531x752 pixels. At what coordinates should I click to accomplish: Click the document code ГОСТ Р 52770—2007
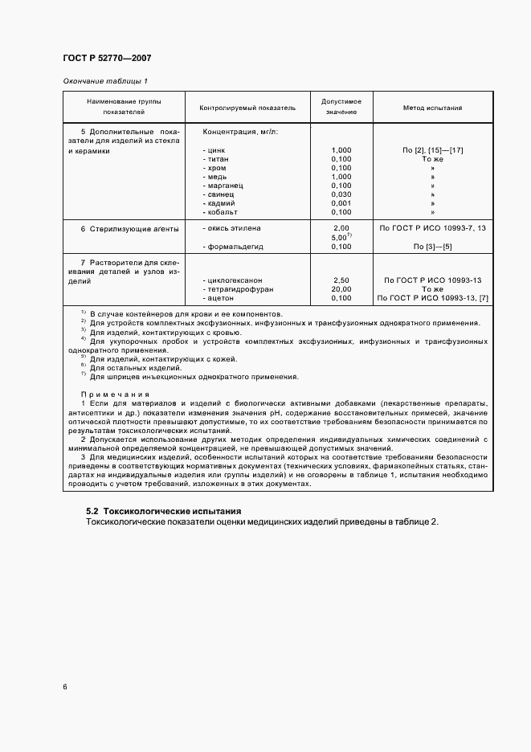coord(107,58)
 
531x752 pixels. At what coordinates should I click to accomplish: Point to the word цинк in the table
coord(218,150)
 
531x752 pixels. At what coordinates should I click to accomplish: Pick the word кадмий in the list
coord(221,203)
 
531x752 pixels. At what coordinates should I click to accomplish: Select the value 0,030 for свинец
coord(341,194)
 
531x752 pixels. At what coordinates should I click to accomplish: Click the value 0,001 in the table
coord(341,203)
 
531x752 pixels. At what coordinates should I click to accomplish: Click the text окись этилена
coord(234,229)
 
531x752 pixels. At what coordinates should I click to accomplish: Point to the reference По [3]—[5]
coord(432,246)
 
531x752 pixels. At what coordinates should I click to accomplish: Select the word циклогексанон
coord(235,280)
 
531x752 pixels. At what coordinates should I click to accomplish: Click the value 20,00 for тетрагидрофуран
coord(341,289)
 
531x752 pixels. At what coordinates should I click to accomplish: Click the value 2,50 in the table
coord(341,280)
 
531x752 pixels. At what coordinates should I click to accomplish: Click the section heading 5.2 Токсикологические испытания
coord(163,511)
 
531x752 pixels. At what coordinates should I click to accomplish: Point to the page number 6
coord(64,686)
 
